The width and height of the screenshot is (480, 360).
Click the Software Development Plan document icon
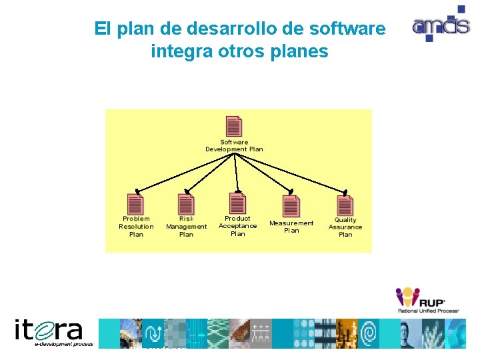234,127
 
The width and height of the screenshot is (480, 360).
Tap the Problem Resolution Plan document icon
135,205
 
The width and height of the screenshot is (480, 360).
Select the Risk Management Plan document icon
186,205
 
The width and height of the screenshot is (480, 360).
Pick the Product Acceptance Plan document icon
238,203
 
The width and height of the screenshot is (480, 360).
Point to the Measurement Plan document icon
291,205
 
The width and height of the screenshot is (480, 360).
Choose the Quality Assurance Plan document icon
345,205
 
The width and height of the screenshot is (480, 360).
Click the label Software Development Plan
234,146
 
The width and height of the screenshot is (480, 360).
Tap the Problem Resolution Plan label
136,227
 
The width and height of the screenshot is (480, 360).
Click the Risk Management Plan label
186,227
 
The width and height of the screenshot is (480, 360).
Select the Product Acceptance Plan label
238,226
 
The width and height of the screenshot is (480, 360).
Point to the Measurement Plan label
291,227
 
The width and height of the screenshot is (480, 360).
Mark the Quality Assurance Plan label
345,227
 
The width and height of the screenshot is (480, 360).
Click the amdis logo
439,25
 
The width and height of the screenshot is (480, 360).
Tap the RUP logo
427,299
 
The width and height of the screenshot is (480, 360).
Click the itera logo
49,332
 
